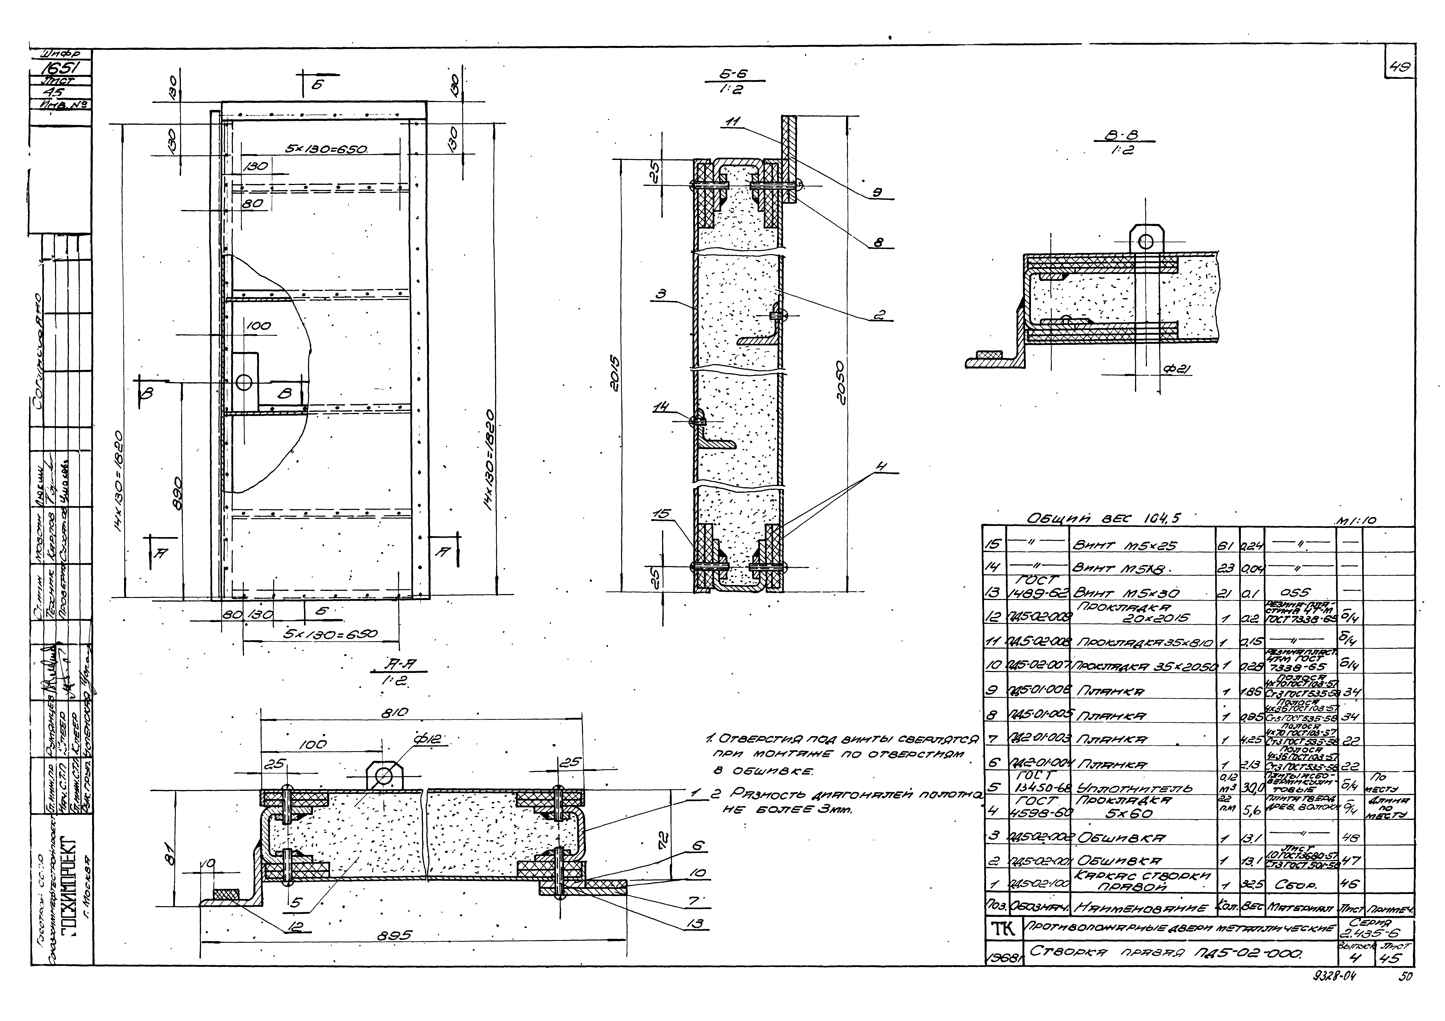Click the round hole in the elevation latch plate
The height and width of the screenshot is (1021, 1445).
(244, 382)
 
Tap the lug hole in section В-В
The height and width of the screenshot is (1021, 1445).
(1145, 241)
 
